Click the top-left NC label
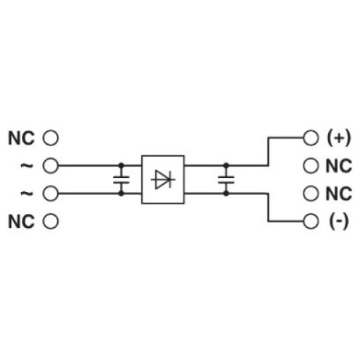(x=21, y=138)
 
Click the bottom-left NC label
(x=21, y=222)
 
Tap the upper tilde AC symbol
(x=27, y=166)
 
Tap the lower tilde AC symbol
(x=27, y=193)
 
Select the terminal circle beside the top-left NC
(x=50, y=138)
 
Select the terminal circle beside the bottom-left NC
(x=50, y=221)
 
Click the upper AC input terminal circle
(x=50, y=166)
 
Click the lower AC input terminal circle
(x=50, y=193)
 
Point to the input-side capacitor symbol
(x=121, y=179)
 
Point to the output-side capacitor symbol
(x=226, y=179)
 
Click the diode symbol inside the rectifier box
(x=163, y=179)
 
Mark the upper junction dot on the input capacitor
(x=121, y=166)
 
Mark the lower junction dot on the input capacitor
(x=121, y=193)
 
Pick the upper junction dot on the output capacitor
(x=226, y=166)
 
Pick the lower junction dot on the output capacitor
(x=226, y=193)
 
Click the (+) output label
(x=339, y=138)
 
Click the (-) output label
(x=339, y=222)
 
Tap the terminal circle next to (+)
(x=311, y=138)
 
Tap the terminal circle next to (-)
(x=311, y=221)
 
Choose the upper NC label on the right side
(x=339, y=166)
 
